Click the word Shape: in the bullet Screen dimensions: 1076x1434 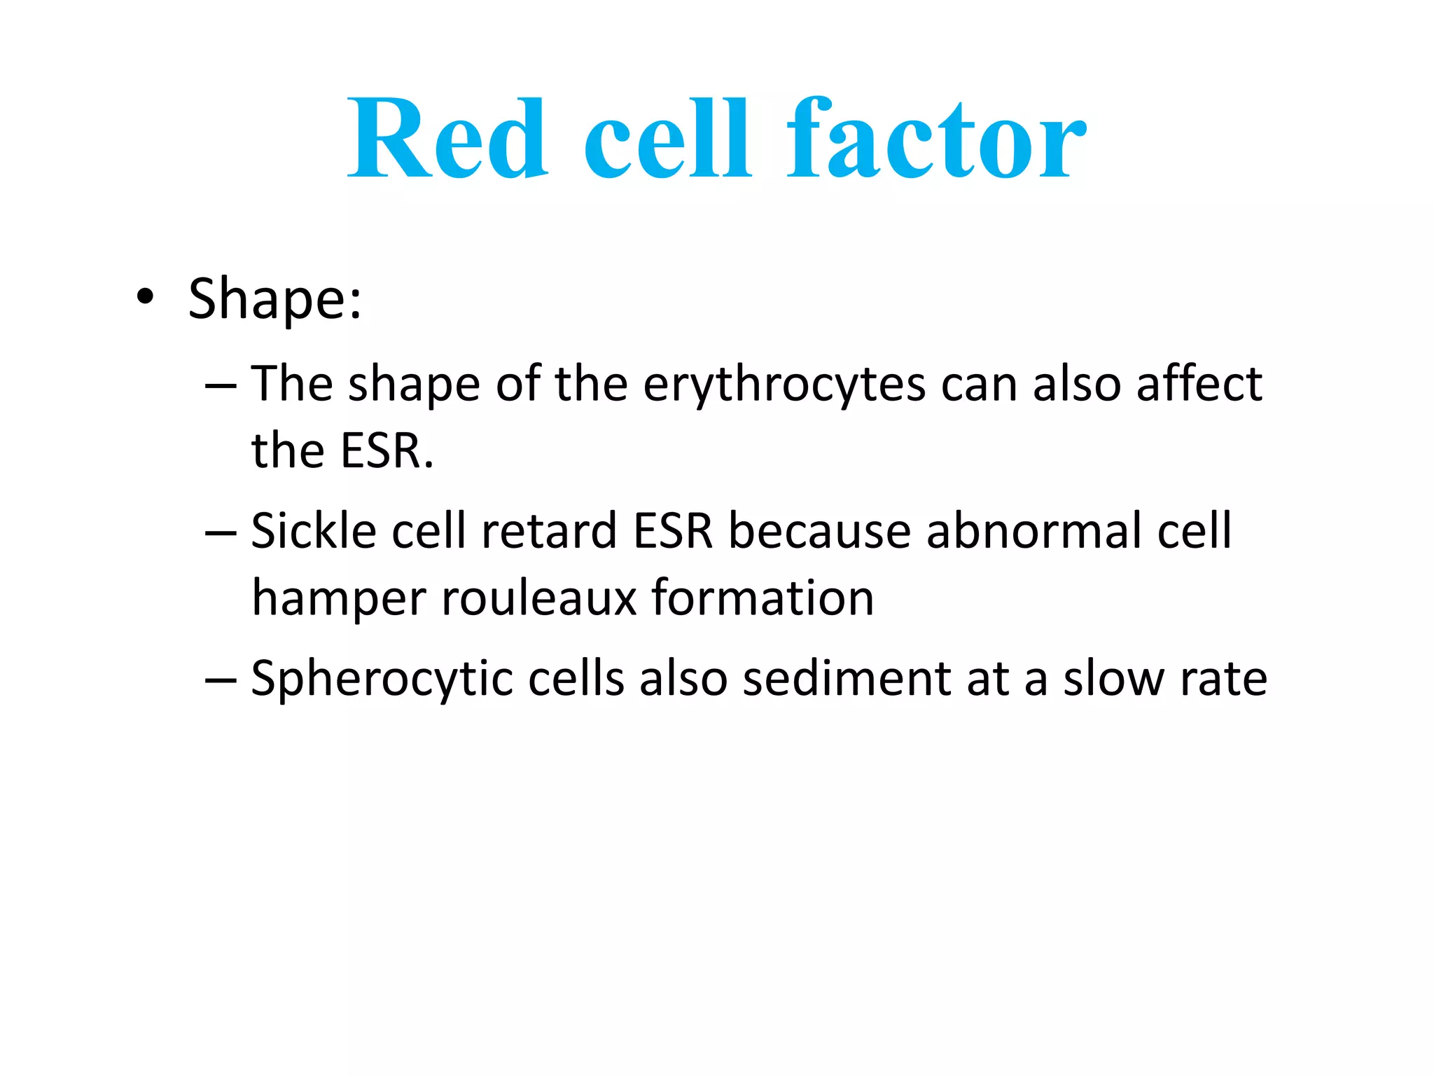[x=275, y=300]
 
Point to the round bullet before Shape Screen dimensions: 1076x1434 [x=145, y=297]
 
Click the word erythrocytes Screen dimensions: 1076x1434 [x=784, y=385]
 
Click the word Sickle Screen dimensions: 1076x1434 [x=313, y=530]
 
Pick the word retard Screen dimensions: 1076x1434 [x=548, y=530]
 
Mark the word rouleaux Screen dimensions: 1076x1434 [x=538, y=599]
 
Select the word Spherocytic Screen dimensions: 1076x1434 [x=381, y=680]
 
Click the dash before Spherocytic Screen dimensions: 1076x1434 [x=221, y=680]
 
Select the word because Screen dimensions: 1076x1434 [x=819, y=530]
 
